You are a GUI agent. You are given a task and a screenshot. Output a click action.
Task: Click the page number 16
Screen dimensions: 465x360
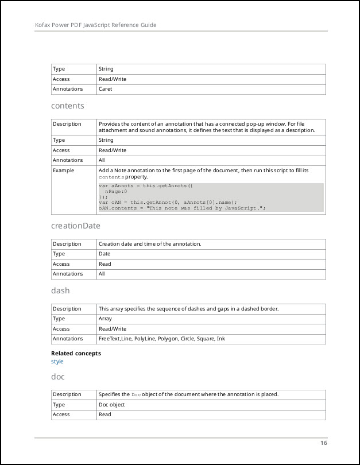point(324,443)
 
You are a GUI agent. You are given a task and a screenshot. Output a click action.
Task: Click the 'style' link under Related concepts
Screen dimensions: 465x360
point(57,362)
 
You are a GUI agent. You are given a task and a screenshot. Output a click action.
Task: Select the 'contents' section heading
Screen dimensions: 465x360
point(67,106)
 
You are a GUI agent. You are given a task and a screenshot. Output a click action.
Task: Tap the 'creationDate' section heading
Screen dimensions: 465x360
point(76,226)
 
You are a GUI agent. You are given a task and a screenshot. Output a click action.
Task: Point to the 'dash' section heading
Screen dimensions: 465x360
point(60,290)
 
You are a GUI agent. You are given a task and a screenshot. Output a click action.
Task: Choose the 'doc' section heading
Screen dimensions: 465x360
point(58,376)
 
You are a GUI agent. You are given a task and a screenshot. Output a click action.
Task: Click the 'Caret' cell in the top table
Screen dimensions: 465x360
point(105,89)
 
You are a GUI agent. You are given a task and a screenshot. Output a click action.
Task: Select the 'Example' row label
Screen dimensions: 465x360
point(63,170)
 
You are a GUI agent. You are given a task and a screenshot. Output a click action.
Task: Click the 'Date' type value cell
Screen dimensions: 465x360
point(104,254)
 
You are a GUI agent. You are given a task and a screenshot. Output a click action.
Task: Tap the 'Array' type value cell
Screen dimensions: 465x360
point(105,319)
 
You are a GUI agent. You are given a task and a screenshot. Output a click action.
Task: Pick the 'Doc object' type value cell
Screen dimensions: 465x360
point(112,404)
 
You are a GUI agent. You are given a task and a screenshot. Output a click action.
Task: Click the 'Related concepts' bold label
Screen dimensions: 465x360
point(76,353)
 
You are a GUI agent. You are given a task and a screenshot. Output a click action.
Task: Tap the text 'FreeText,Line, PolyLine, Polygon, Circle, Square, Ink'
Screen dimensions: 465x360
point(162,339)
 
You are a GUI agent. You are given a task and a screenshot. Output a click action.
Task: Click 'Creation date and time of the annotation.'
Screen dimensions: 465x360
point(150,244)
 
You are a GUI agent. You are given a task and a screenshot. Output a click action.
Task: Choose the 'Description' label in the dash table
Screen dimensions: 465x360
point(67,309)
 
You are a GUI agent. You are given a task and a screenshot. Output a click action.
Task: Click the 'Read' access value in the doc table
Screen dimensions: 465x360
point(104,414)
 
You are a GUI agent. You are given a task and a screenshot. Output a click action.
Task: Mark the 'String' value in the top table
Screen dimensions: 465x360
point(106,69)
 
